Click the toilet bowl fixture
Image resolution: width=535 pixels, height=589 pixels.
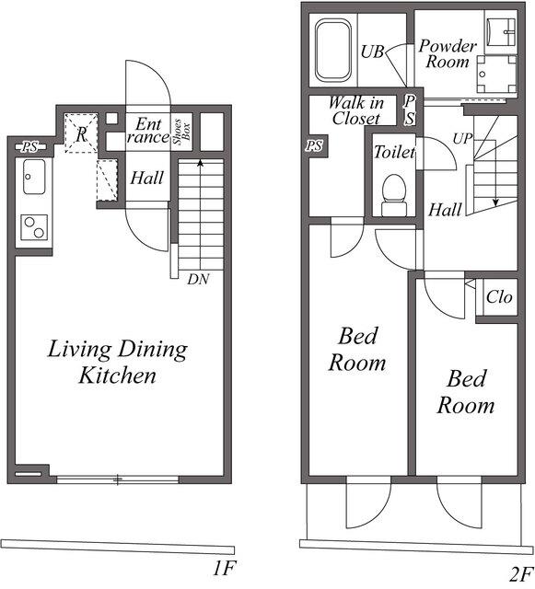(394, 195)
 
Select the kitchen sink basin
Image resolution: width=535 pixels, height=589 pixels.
(34, 177)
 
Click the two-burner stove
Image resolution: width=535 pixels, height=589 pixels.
(34, 227)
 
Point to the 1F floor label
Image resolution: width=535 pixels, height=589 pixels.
(225, 568)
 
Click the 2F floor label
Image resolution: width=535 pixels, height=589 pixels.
(522, 573)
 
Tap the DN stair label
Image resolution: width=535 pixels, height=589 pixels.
(198, 279)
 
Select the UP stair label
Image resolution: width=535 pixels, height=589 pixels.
(462, 139)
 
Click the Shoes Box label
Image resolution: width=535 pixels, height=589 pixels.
(181, 132)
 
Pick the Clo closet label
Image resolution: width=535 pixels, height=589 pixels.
(499, 297)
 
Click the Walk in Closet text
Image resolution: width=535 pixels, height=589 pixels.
(356, 110)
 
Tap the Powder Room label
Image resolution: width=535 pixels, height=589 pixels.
(448, 53)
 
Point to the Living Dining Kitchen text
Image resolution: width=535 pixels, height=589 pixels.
(117, 362)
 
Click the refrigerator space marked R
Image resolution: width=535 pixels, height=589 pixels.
(81, 133)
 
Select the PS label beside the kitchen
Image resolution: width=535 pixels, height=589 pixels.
(29, 147)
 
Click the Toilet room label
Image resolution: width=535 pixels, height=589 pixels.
(394, 152)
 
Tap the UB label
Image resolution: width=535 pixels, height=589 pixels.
(372, 52)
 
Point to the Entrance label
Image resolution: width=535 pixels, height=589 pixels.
(147, 131)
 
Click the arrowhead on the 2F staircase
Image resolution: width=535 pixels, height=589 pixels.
(495, 202)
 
